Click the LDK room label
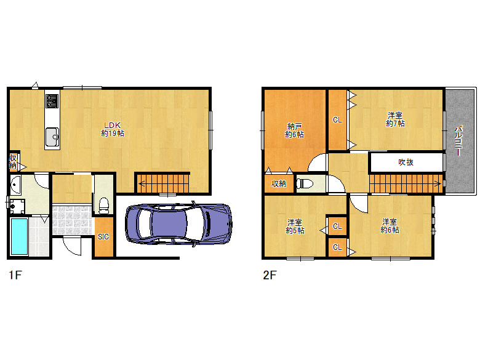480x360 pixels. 113,129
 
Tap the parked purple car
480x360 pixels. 178,224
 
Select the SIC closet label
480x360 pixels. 103,237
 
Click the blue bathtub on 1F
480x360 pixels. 19,236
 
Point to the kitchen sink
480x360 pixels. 52,137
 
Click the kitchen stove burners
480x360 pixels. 52,101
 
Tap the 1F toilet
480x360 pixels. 104,206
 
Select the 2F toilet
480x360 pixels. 305,183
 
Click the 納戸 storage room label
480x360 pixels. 295,130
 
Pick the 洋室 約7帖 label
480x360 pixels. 395,119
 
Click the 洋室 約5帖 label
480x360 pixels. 295,226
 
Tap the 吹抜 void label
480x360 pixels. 406,162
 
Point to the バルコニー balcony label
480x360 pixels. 459,140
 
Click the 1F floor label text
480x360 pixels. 15,275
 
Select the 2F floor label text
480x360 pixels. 270,275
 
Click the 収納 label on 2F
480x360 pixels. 279,183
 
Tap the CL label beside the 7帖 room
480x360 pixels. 337,120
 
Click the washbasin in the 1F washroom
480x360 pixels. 15,185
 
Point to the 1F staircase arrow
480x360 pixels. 163,183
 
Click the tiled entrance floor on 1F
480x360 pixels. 72,220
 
